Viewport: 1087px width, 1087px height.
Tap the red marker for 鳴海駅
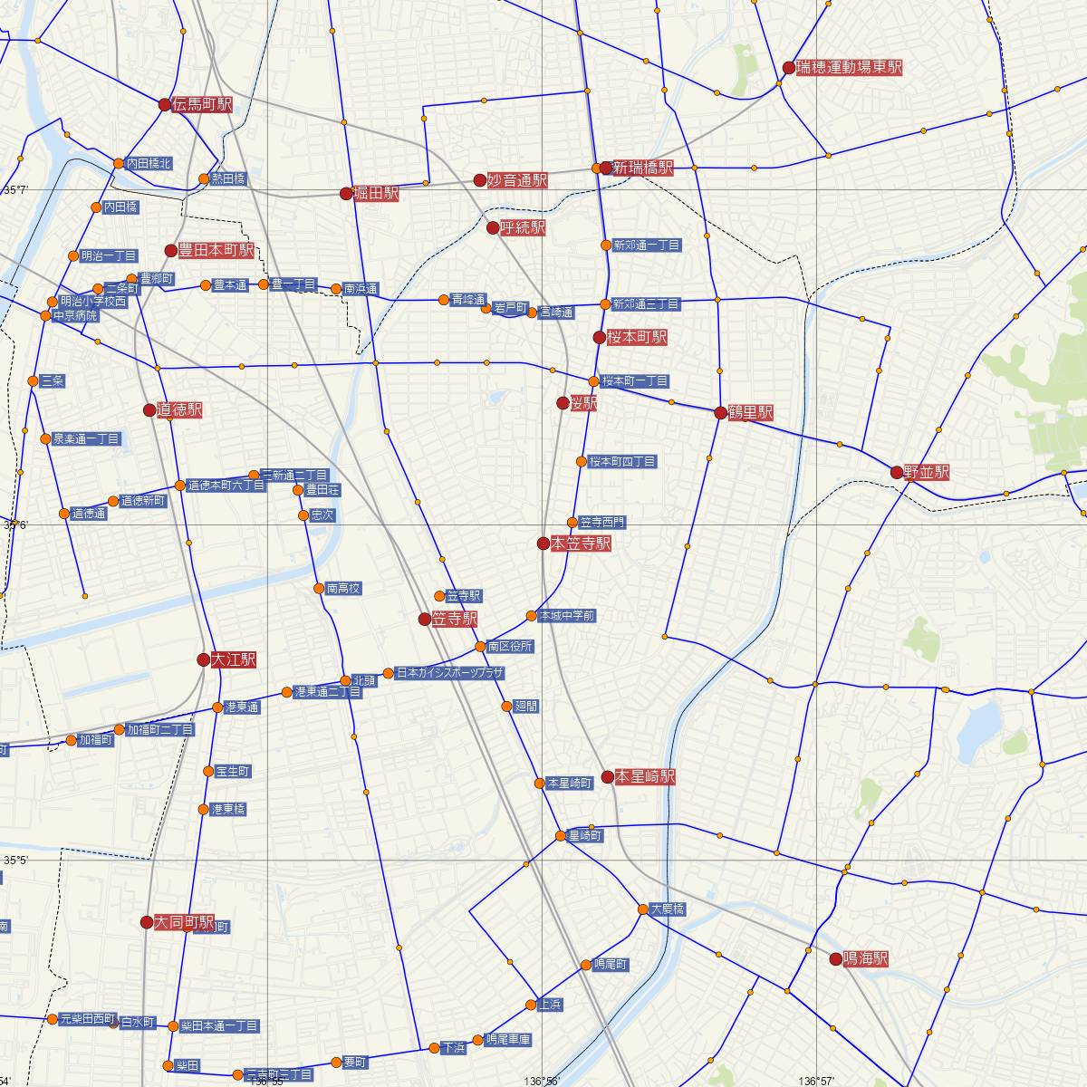[x=835, y=957]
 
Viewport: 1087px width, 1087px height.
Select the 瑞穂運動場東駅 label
[x=849, y=67]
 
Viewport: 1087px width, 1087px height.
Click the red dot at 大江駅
[x=203, y=660]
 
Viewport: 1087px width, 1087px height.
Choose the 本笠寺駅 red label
[x=580, y=543]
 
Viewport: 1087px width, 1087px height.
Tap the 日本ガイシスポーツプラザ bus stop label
[x=449, y=673]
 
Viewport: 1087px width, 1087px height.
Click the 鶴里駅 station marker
[x=720, y=413]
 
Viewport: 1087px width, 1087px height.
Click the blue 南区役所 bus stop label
[x=510, y=647]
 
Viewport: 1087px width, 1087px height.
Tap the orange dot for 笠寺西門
[x=572, y=523]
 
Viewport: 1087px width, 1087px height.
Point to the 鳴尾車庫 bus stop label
[x=508, y=1039]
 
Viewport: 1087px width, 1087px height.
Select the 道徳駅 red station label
[x=178, y=410]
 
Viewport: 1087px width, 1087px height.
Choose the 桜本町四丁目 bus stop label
[x=622, y=462]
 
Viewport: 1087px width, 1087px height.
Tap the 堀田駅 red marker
[x=345, y=193]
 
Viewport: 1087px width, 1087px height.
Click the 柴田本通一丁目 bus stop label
[x=220, y=1026]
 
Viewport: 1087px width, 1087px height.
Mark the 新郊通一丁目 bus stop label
[x=647, y=245]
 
